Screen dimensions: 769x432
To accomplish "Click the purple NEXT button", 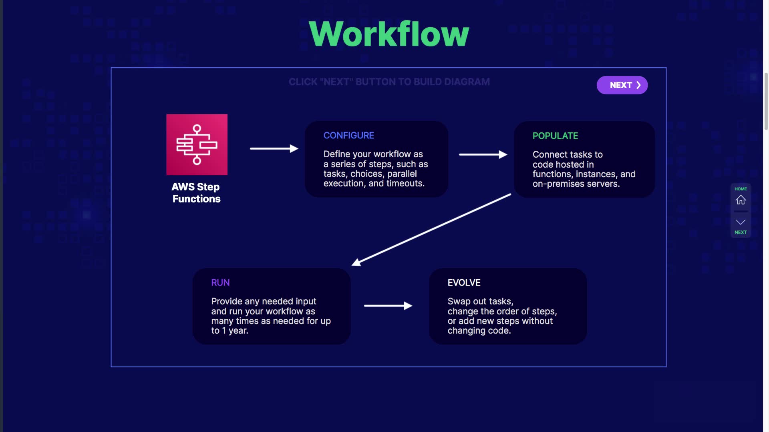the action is [622, 85].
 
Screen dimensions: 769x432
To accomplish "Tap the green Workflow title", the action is [389, 34].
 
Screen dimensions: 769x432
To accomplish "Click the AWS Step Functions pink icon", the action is [197, 144].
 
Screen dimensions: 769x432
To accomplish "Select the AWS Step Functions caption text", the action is [196, 193].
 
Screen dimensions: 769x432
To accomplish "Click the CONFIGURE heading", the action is [349, 136].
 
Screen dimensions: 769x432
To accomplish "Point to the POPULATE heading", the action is [555, 136].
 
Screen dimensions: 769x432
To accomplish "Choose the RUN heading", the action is [220, 283].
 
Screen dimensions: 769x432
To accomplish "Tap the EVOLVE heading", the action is [464, 283].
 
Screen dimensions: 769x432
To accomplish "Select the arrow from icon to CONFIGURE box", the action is [274, 148].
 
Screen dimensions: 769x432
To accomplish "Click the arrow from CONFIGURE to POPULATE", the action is [483, 154].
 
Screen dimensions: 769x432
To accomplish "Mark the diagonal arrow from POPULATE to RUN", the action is [431, 230].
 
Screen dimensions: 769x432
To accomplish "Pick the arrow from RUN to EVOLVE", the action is [388, 306].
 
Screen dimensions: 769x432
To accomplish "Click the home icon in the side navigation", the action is [741, 200].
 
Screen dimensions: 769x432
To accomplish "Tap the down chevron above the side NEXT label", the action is [741, 222].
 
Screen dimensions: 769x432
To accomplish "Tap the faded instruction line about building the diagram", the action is [389, 82].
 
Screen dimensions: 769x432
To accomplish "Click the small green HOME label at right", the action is [741, 189].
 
